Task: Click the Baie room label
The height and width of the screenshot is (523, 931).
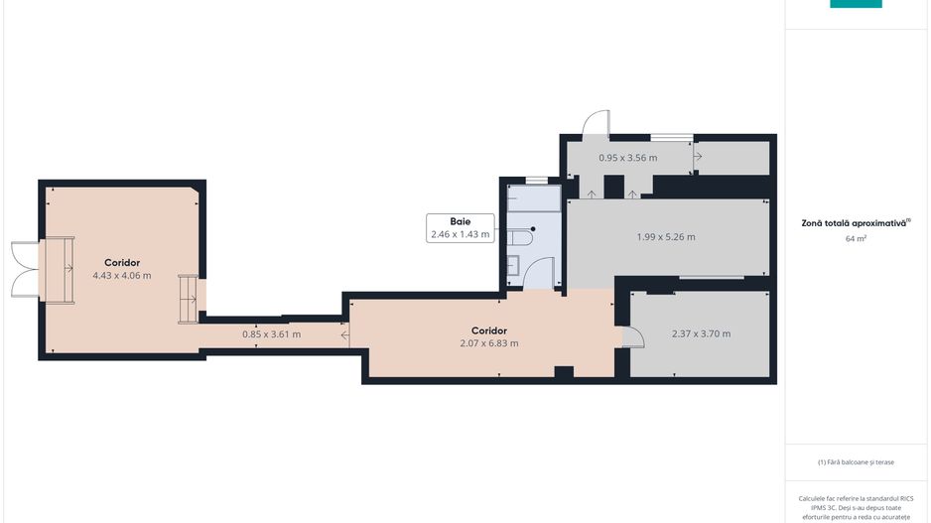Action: point(461,221)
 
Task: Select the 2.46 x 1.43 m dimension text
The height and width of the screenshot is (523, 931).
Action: point(461,234)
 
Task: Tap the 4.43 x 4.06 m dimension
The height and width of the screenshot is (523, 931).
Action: point(122,276)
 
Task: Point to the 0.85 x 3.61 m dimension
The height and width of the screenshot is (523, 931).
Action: point(271,334)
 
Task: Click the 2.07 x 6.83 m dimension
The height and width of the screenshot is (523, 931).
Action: point(489,343)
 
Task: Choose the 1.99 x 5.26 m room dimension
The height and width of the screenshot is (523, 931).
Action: point(666,237)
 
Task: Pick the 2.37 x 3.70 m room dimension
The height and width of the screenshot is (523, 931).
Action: point(701,333)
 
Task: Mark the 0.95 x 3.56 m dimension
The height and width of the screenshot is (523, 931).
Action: point(627,158)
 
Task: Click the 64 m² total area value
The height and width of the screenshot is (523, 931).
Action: point(856,238)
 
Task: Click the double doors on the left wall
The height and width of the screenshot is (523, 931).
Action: point(25,270)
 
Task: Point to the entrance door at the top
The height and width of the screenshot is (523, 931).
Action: point(597,124)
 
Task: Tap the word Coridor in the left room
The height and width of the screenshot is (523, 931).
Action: point(122,262)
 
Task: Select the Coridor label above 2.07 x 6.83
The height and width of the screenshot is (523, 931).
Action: point(489,330)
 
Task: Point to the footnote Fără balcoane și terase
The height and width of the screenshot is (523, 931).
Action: point(856,461)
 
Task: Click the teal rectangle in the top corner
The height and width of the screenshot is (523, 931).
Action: point(856,4)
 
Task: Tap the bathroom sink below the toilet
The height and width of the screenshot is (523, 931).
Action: point(514,265)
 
